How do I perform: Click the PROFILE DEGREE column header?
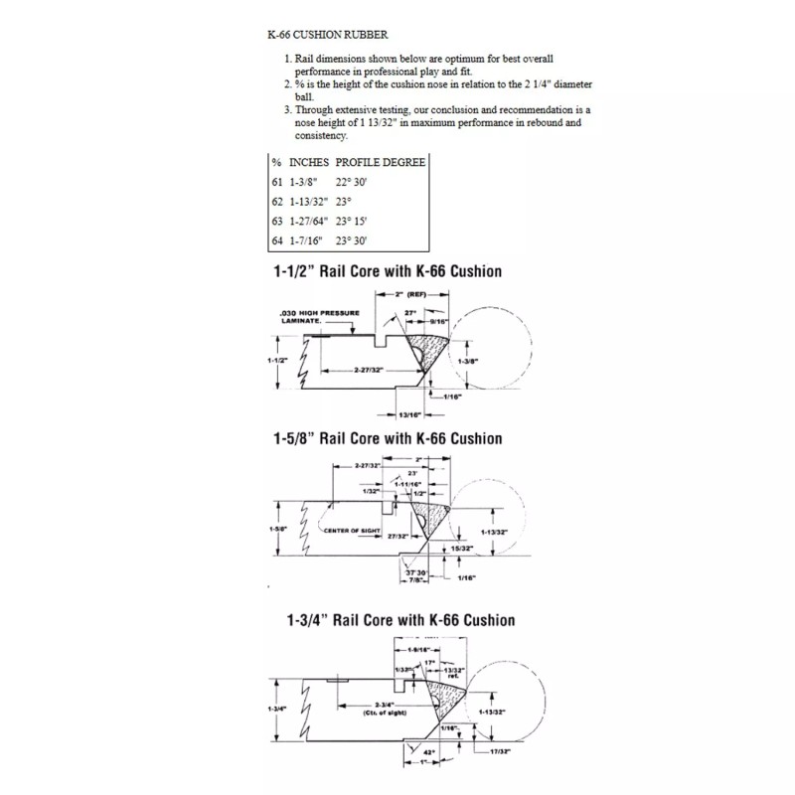pos(381,161)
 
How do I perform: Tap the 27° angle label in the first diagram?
pos(410,312)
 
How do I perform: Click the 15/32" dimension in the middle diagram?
pos(460,548)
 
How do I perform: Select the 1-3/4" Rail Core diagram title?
pos(393,620)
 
